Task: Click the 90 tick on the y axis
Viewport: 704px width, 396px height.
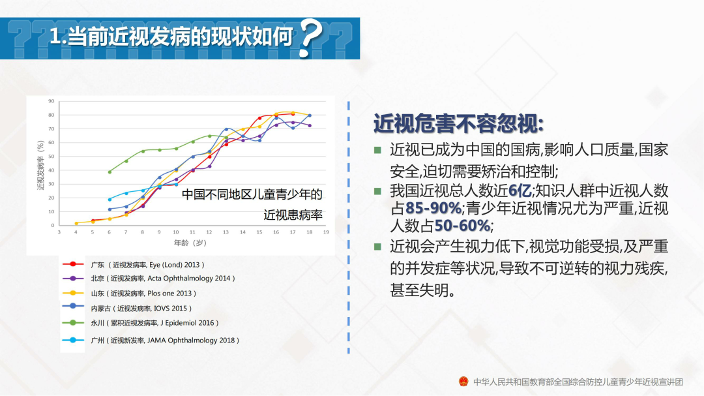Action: click(x=51, y=101)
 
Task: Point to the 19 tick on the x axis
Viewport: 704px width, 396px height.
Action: click(x=326, y=232)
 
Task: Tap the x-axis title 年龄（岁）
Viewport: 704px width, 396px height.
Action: click(x=190, y=243)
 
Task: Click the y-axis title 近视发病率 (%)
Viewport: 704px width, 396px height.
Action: click(x=41, y=165)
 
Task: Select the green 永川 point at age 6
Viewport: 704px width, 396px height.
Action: click(x=110, y=172)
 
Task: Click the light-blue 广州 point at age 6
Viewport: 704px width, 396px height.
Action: click(x=110, y=200)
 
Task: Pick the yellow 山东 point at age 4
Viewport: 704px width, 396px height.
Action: click(x=76, y=223)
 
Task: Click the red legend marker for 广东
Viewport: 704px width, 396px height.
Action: click(x=73, y=264)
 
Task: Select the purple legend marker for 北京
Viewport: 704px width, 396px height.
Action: click(x=73, y=278)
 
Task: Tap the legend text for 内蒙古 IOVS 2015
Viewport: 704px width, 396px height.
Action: click(x=141, y=309)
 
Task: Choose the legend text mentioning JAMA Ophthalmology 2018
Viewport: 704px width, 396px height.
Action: click(x=165, y=341)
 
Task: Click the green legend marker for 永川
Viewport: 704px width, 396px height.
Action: click(x=73, y=322)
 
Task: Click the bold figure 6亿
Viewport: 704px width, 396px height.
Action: click(x=520, y=190)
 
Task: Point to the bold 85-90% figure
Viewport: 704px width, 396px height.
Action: click(x=433, y=208)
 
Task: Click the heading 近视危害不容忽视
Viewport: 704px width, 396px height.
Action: click(x=458, y=123)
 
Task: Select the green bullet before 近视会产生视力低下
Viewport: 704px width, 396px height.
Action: click(x=377, y=247)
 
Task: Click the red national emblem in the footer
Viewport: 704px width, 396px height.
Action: click(x=463, y=382)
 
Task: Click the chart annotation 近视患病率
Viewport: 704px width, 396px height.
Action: click(x=293, y=215)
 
